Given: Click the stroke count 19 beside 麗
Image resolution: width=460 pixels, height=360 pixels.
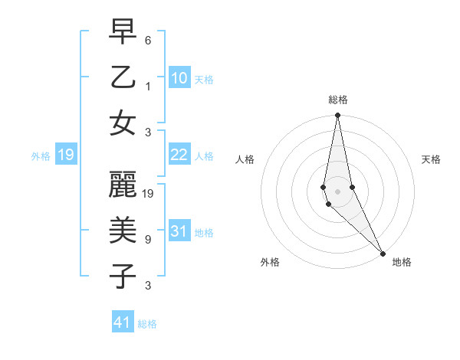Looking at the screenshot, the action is click(149, 193).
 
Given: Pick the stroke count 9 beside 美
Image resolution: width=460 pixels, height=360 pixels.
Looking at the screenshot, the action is click(148, 240).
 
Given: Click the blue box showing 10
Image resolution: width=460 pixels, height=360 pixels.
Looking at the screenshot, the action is click(179, 78).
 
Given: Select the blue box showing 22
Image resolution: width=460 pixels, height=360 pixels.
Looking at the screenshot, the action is click(179, 155).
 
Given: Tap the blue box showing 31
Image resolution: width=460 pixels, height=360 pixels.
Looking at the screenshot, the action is click(179, 232).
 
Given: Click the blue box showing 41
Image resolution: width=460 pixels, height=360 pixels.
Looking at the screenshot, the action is click(122, 322).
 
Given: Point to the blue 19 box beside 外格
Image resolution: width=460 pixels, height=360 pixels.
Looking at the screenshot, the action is click(65, 155).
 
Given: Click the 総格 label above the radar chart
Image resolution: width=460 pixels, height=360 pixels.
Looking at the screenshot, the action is click(338, 100).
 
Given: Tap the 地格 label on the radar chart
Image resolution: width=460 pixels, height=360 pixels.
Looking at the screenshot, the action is click(402, 262).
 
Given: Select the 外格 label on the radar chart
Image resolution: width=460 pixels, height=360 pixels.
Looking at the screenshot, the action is click(270, 262).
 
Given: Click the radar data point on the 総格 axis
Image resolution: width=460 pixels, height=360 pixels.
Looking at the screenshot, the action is click(337, 116).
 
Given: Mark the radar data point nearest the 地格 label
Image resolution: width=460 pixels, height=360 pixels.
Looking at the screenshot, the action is click(383, 253).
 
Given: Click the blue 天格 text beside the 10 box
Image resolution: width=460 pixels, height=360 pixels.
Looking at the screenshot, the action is click(203, 80).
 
